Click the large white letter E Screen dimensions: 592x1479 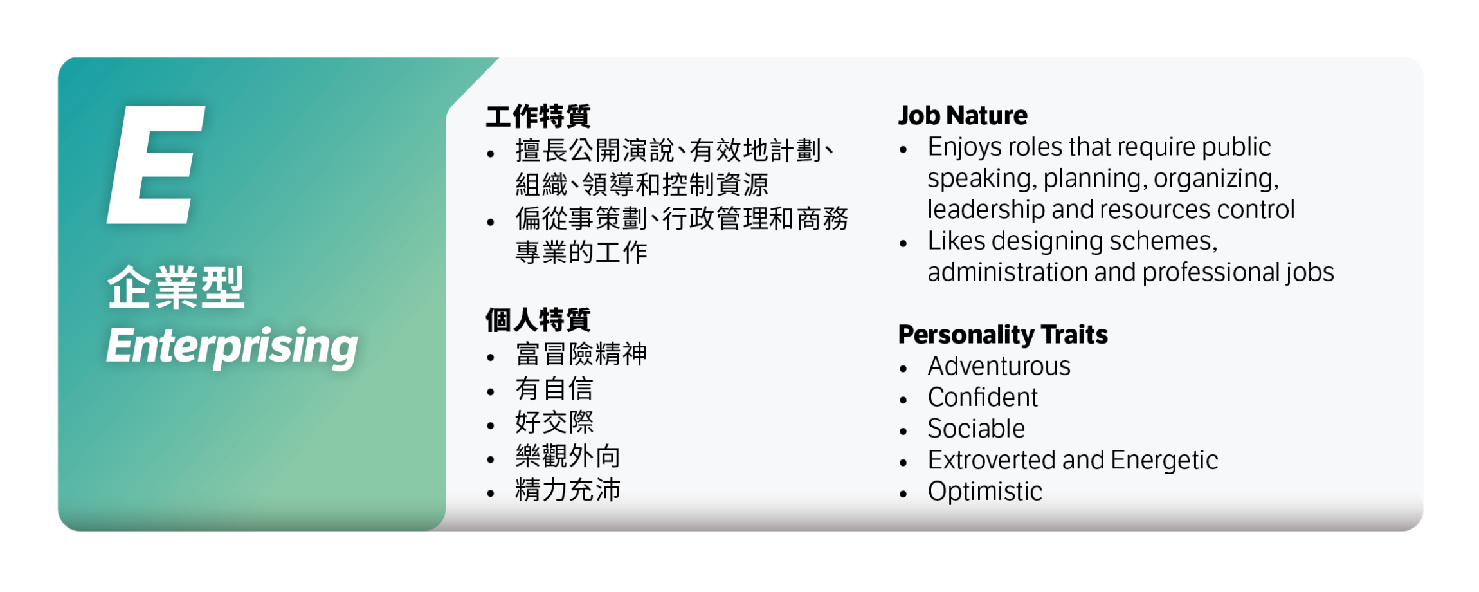coord(156,165)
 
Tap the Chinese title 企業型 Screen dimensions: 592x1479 coord(176,288)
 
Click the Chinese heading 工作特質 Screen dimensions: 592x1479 coord(538,116)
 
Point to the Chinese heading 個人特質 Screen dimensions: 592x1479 coord(538,320)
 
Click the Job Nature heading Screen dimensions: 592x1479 coord(963,116)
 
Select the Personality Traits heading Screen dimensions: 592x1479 coord(1003,335)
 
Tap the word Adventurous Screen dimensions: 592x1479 coord(999,366)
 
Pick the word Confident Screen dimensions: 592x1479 coord(983,398)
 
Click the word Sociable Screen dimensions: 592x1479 coord(976,429)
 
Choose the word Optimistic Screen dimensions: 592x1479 coord(984,492)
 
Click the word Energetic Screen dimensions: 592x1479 coord(1164,460)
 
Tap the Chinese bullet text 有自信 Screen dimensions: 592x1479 coord(554,389)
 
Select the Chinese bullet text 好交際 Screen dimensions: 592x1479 coord(554,423)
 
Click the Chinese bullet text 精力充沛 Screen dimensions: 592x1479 coord(568,490)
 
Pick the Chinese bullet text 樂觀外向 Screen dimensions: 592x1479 coord(568,456)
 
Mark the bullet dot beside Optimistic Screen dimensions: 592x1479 coord(903,494)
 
